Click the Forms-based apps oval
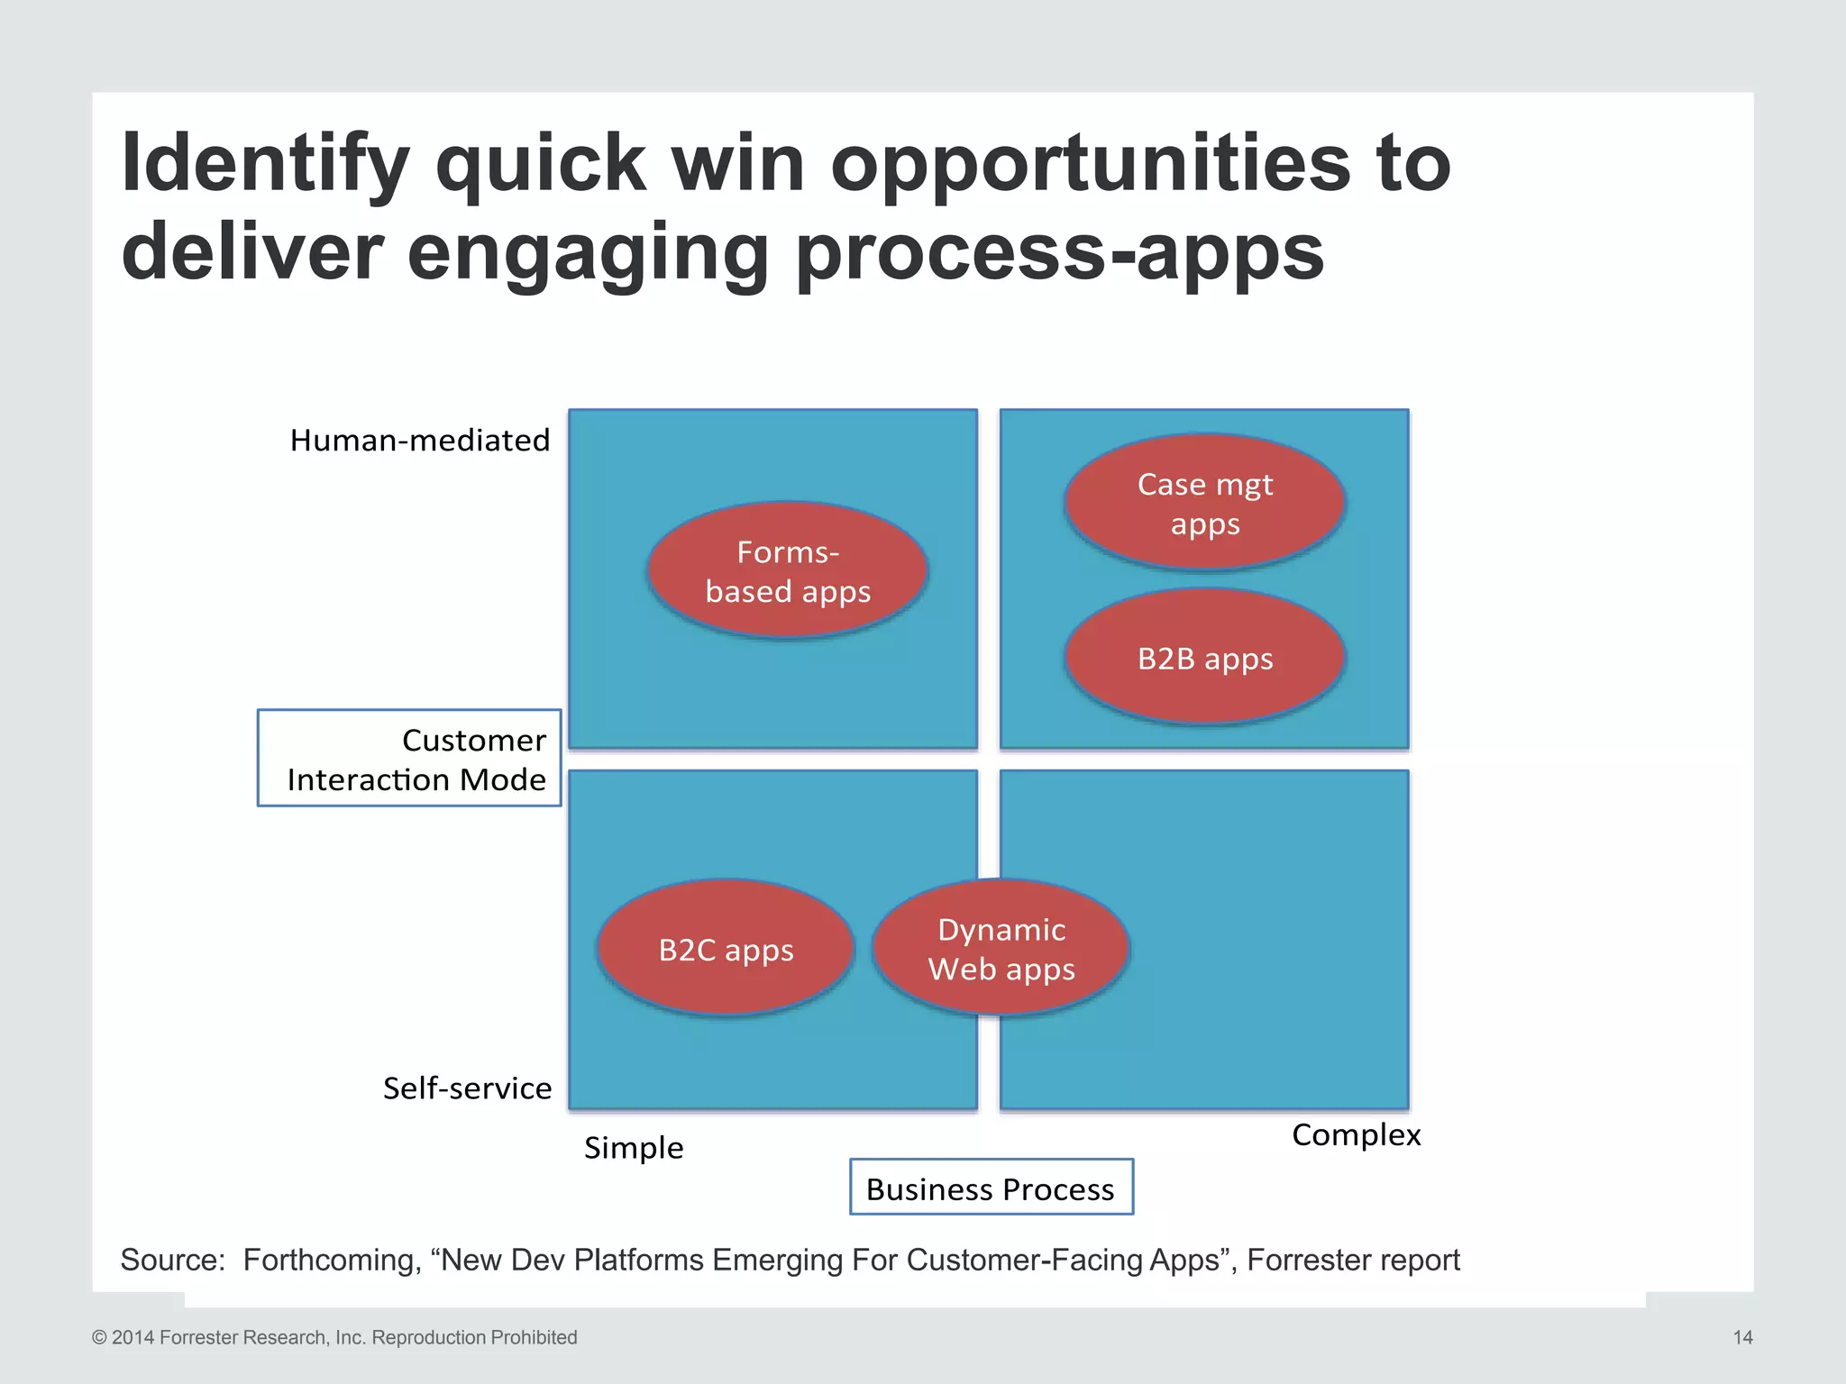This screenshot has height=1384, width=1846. [x=788, y=571]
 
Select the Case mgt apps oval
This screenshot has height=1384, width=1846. [x=1205, y=504]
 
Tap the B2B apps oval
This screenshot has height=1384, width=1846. [x=1205, y=658]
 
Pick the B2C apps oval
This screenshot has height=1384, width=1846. [x=726, y=949]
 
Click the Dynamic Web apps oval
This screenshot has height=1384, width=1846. [x=1001, y=949]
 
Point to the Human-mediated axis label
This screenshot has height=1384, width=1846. [x=419, y=440]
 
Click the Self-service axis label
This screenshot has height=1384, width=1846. [x=467, y=1088]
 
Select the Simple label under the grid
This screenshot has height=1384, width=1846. [x=634, y=1147]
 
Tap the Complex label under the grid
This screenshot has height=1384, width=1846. [x=1356, y=1134]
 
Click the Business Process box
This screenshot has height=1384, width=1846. [x=991, y=1188]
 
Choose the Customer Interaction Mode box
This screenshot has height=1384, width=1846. [x=410, y=759]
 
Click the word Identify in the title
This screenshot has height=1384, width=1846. [x=266, y=165]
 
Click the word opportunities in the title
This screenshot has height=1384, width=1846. [x=1090, y=165]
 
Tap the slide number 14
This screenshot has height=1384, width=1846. [x=1742, y=1337]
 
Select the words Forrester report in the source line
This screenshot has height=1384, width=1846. [x=1353, y=1260]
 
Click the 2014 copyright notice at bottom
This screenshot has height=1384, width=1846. [x=334, y=1337]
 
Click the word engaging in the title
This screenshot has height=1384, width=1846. [x=587, y=253]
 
